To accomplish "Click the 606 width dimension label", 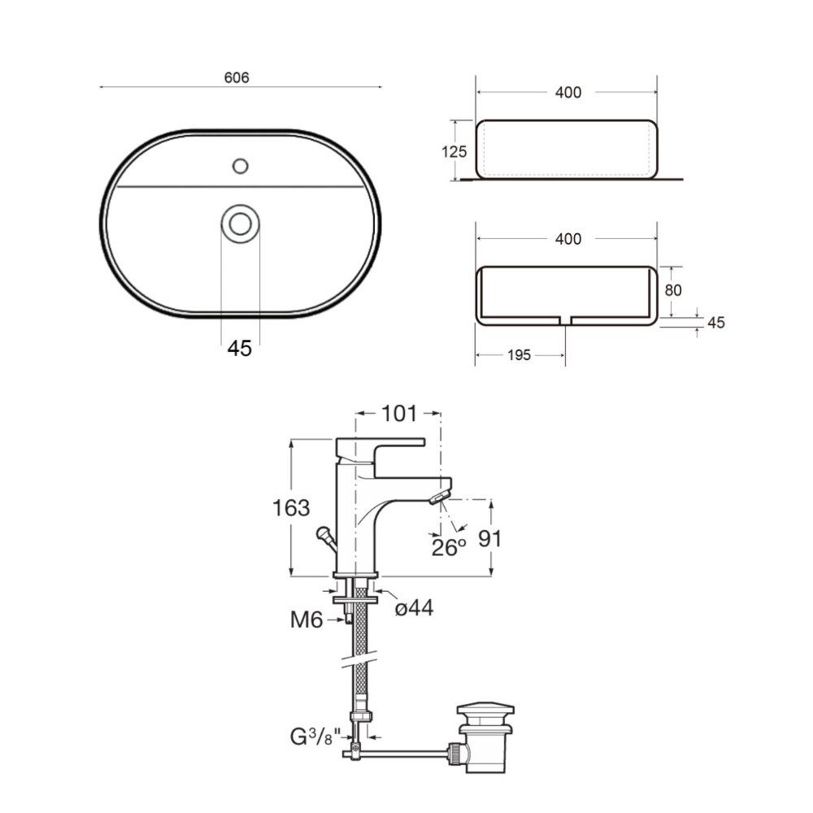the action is (237, 77).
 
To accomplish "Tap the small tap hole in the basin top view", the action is (240, 166).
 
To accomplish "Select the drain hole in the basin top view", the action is (240, 224).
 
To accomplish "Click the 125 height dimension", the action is (454, 151).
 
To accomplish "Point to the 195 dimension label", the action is (519, 355).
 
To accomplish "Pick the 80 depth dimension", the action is (673, 290).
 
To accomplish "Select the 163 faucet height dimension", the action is (291, 507).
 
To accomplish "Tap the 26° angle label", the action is (449, 547).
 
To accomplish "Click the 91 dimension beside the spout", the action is (489, 539).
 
